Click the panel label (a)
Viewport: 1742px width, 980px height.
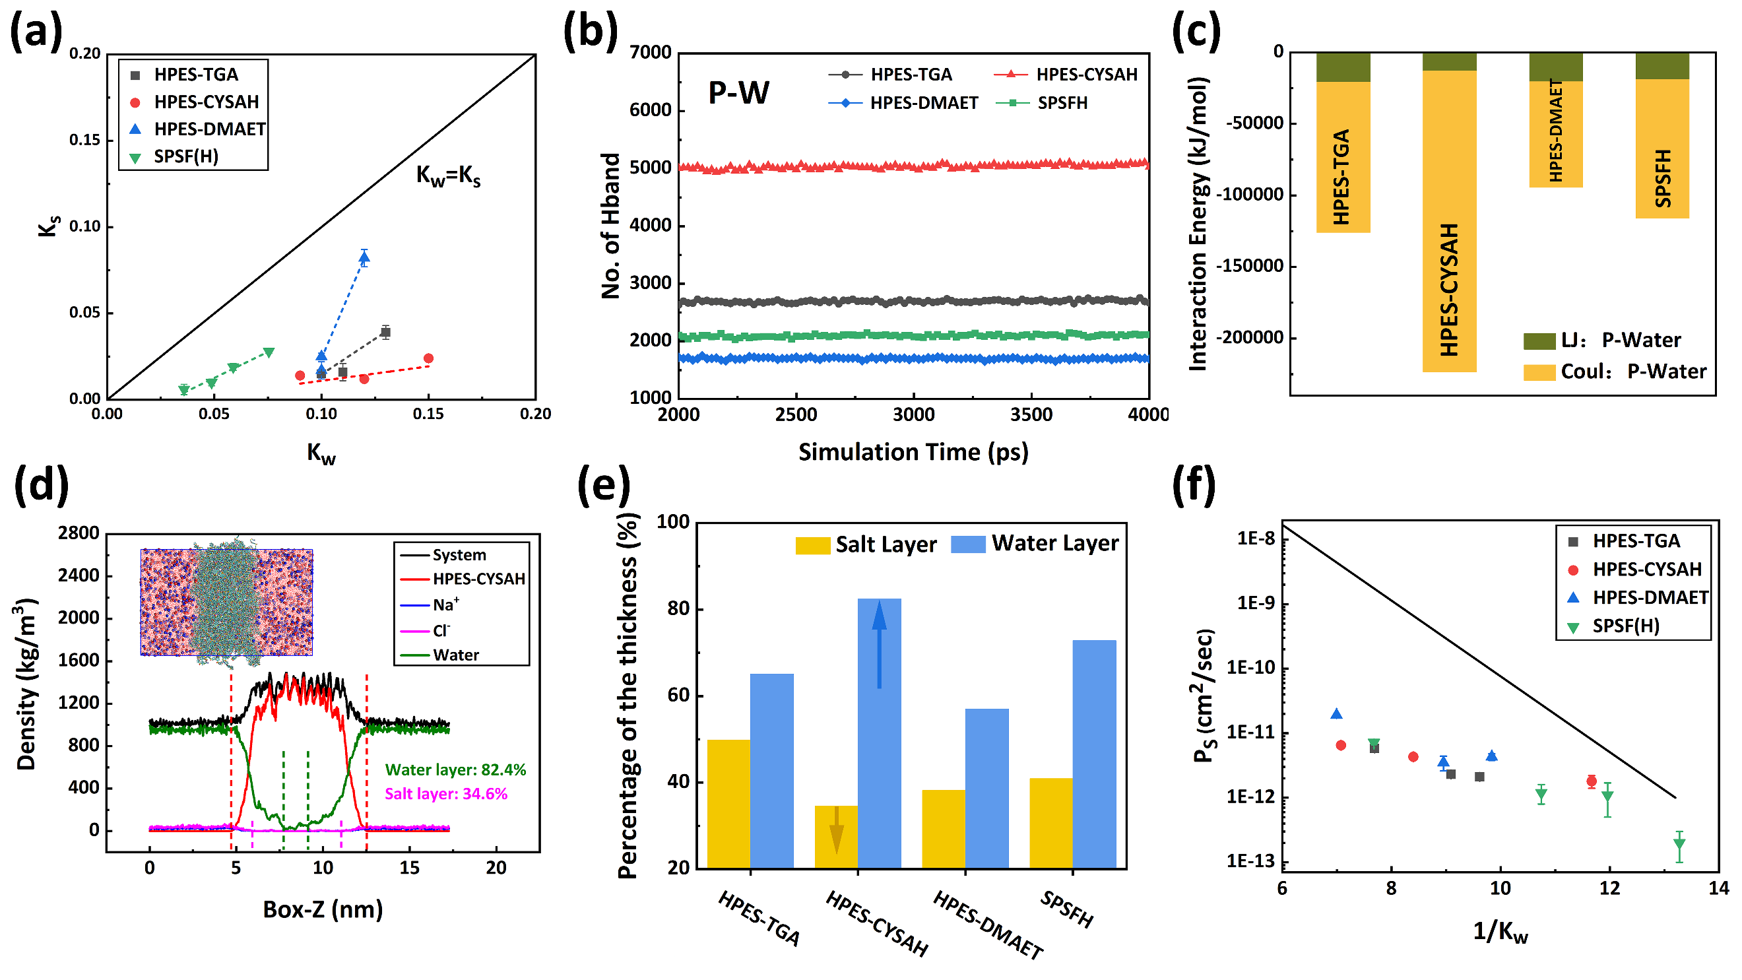click(36, 32)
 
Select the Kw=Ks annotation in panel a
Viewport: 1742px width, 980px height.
click(447, 176)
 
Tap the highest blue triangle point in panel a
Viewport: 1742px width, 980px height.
click(364, 257)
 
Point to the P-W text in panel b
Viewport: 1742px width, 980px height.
click(738, 92)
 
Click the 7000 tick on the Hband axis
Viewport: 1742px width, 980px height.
click(650, 53)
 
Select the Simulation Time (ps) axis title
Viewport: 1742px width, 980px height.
click(913, 452)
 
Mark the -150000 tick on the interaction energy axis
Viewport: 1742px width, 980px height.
click(1249, 267)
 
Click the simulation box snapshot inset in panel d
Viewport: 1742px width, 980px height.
click(226, 602)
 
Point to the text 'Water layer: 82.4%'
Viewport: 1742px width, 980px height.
click(455, 769)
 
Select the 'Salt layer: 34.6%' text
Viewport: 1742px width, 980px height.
click(445, 794)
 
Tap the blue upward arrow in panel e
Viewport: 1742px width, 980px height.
click(879, 643)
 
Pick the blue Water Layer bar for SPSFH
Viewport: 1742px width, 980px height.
click(1094, 754)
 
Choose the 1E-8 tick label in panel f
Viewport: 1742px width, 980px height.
click(1256, 539)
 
